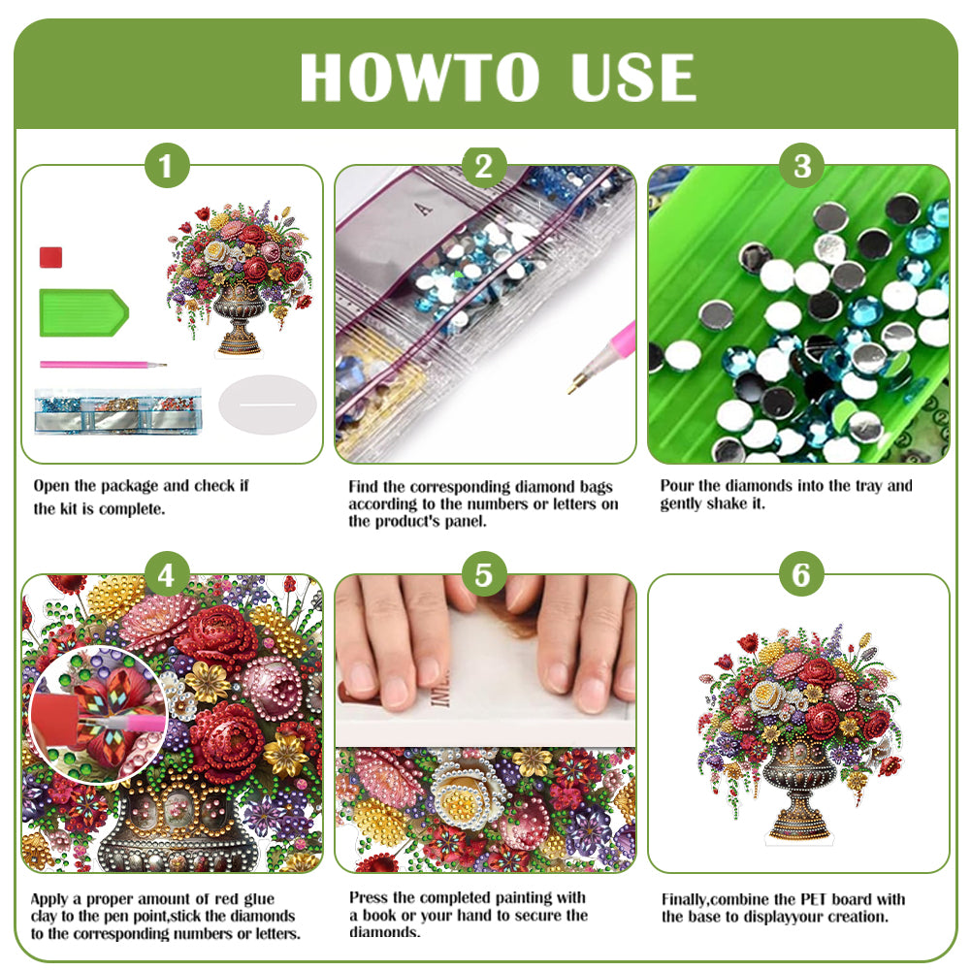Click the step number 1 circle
[167, 167]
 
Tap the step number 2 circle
[483, 167]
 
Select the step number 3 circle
[801, 167]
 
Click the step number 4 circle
[167, 576]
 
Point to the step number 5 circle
[483, 576]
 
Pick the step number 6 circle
[801, 576]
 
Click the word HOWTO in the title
[418, 78]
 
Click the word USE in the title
[631, 78]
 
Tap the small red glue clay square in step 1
[51, 257]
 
